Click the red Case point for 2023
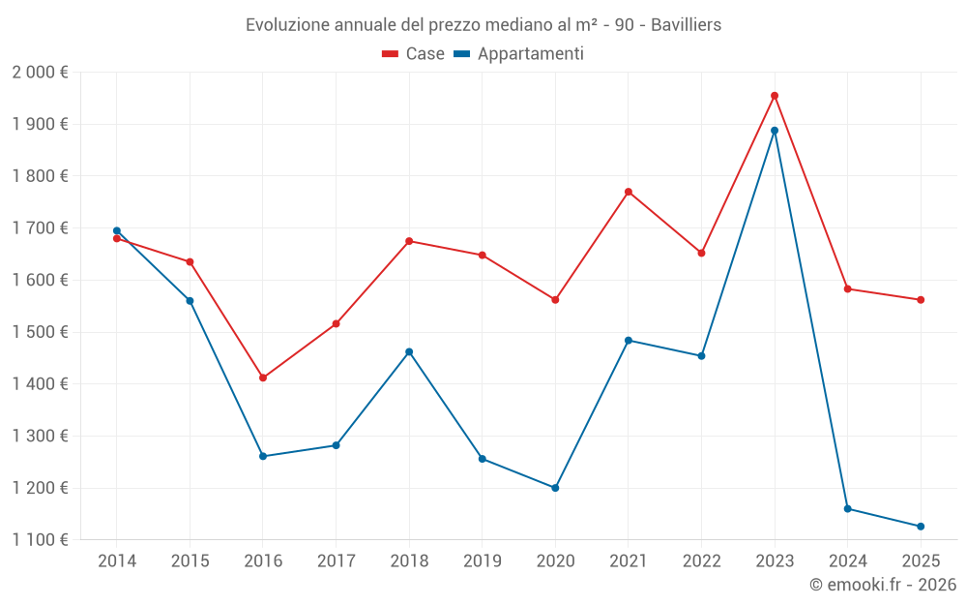click(x=775, y=96)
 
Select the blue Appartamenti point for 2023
click(x=775, y=131)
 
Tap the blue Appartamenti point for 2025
click(x=921, y=527)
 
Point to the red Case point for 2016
click(x=263, y=378)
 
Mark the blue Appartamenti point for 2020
click(x=555, y=488)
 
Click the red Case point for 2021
click(x=629, y=192)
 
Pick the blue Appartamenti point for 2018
click(x=409, y=351)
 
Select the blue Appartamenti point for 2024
click(x=848, y=508)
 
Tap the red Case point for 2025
click(x=921, y=300)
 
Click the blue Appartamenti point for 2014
click(x=117, y=230)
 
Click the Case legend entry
click(x=414, y=54)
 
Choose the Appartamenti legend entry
click(x=519, y=54)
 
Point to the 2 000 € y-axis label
click(x=40, y=73)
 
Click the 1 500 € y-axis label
click(x=40, y=332)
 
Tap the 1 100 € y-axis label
click(x=40, y=540)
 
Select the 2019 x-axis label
click(x=482, y=561)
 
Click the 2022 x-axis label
click(x=701, y=561)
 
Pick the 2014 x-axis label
click(x=117, y=561)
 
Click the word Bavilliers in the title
click(x=686, y=24)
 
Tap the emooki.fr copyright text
click(x=883, y=585)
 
